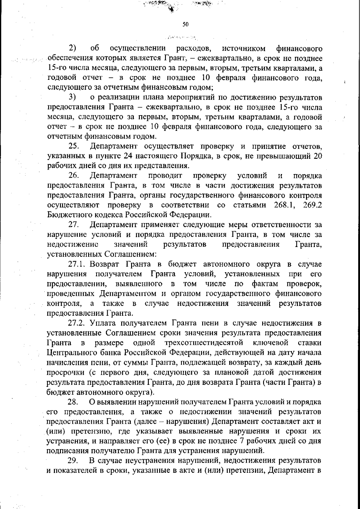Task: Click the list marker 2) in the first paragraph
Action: coord(72,48)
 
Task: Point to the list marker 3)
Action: coord(72,97)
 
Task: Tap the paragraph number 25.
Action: coord(73,146)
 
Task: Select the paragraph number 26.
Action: coord(73,175)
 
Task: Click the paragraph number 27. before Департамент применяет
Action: coord(73,224)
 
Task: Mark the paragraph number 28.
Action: coord(73,402)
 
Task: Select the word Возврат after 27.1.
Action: coord(105,264)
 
